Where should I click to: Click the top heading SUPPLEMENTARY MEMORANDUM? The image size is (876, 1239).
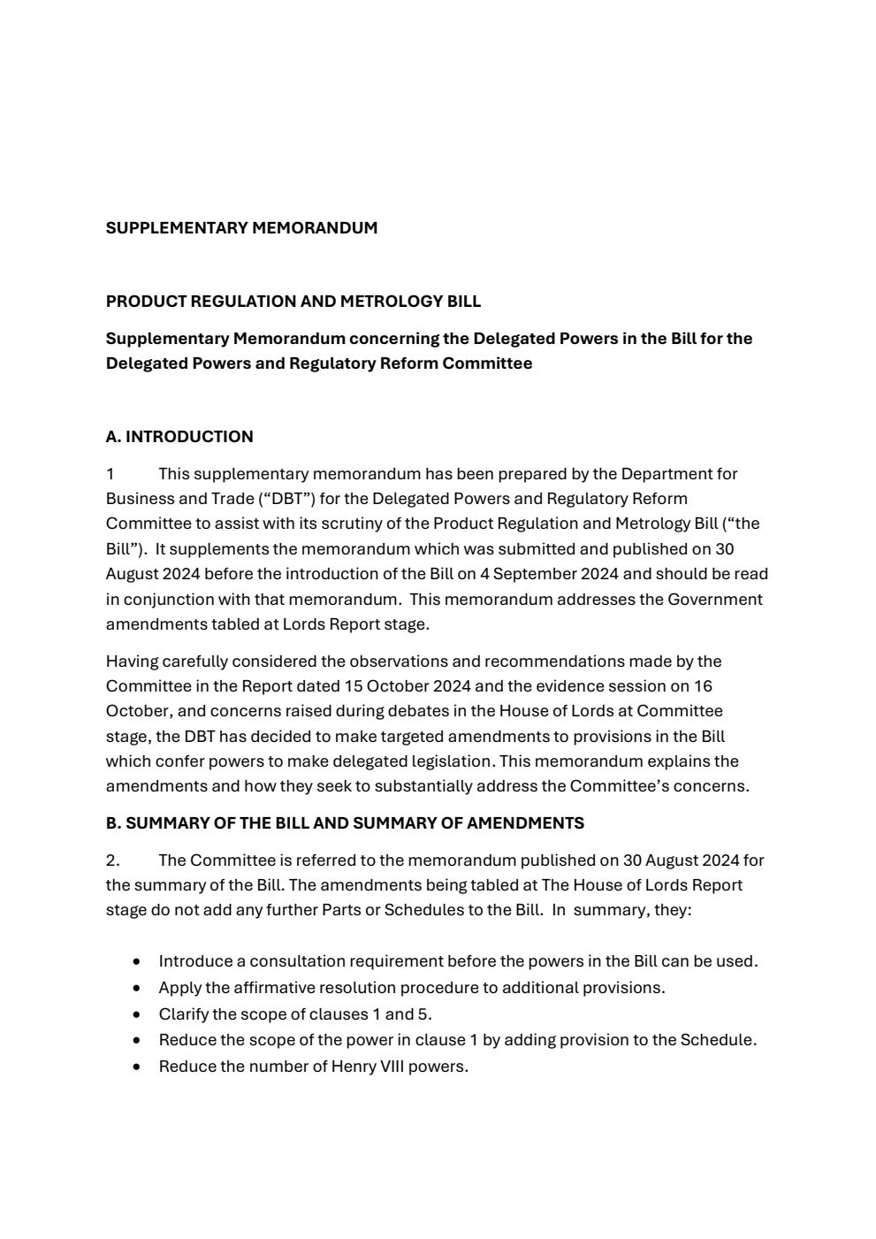241,228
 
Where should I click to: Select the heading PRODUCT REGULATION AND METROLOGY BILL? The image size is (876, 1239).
293,302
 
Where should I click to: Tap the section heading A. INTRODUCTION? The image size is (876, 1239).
179,437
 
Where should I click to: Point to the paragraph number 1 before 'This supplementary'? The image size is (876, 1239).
110,474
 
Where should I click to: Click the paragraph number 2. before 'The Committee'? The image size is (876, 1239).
113,860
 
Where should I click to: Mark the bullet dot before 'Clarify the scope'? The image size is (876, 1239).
135,1014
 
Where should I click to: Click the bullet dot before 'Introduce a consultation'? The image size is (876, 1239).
135,961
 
